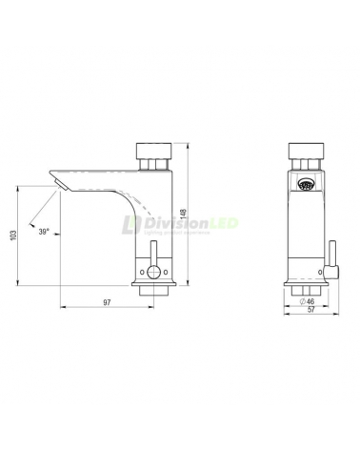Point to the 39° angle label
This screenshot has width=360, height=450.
pos(44,230)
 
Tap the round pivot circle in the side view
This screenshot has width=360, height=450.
pos(152,273)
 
